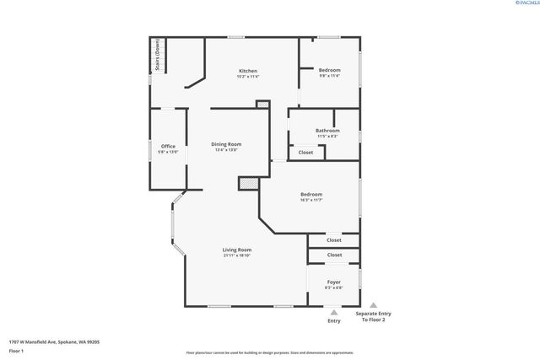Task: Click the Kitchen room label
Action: pos(248,70)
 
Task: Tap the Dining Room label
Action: pos(226,144)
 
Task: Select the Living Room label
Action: pos(237,250)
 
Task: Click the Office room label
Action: pos(169,147)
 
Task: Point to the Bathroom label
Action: pos(327,131)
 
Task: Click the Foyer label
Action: pos(334,282)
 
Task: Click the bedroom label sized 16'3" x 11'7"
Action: pos(311,194)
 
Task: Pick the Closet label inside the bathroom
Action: pos(305,153)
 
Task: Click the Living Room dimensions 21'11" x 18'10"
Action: pos(237,255)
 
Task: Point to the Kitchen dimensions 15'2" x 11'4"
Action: pos(248,76)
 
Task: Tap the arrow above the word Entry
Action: pos(334,309)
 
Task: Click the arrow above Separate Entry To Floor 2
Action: pos(374,305)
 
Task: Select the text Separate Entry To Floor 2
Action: pos(374,317)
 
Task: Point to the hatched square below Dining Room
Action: pos(247,181)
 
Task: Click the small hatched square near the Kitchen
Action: pos(262,104)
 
